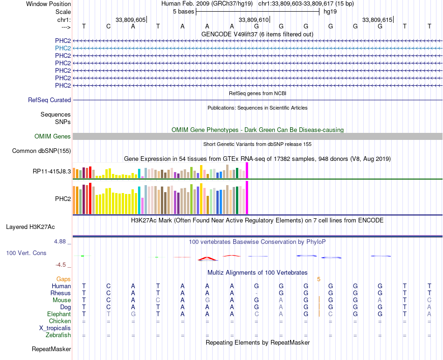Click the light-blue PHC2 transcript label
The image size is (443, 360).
tap(63, 48)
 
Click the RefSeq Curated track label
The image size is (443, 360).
tap(49, 100)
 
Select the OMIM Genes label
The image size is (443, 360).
tap(53, 137)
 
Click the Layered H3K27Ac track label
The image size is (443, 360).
tap(30, 227)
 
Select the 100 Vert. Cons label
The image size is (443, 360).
tap(26, 253)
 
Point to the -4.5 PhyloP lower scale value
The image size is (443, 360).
tap(61, 265)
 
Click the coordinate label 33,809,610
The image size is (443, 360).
tap(254, 20)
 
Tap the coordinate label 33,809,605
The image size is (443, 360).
tap(131, 20)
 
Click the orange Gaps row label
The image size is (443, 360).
tap(63, 279)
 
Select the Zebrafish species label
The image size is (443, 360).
tap(58, 335)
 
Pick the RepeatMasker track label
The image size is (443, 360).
tap(51, 349)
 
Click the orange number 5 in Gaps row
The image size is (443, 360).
tap(319, 279)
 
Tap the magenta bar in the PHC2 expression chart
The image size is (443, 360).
tap(247, 197)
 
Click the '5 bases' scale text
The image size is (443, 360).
tap(183, 11)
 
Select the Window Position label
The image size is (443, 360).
tap(48, 4)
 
